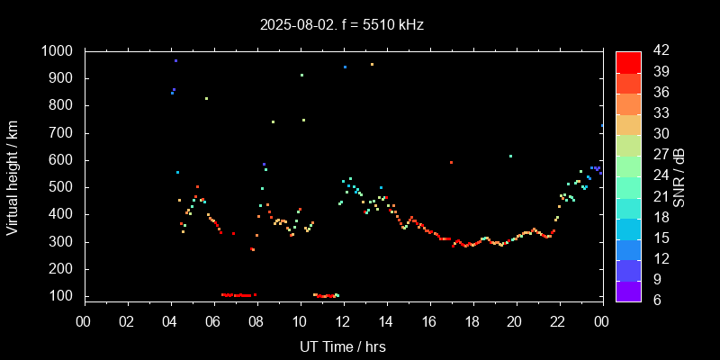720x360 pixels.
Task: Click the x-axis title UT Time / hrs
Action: [x=343, y=346]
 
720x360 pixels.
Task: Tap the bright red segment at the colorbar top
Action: [x=628, y=61]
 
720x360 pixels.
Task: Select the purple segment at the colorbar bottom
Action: [x=628, y=290]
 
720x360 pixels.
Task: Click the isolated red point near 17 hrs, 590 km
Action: [x=451, y=162]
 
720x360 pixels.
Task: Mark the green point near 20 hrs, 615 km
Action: [x=510, y=156]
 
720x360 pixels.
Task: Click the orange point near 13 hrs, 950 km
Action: [x=372, y=64]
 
